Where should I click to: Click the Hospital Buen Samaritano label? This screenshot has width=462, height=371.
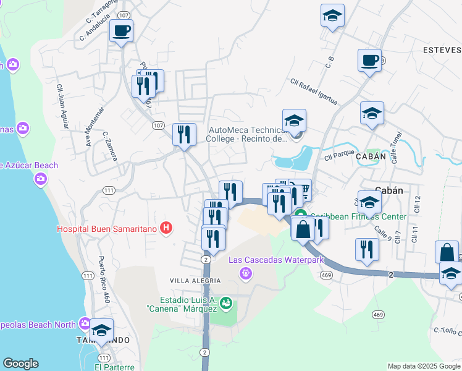click(x=107, y=228)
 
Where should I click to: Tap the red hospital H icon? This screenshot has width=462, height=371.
click(x=166, y=228)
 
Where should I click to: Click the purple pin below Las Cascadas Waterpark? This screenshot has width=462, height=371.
click(x=246, y=272)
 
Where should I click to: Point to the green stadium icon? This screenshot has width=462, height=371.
click(x=227, y=302)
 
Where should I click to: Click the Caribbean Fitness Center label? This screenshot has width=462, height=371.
click(x=358, y=216)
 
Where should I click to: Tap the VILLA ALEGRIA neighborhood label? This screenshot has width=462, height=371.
click(x=195, y=281)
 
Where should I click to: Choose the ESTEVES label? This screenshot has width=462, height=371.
click(x=442, y=49)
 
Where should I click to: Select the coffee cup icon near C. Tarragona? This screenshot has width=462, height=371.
click(x=121, y=30)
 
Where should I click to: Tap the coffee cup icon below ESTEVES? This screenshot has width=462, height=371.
click(x=369, y=61)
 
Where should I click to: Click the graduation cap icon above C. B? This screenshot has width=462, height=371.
click(x=332, y=15)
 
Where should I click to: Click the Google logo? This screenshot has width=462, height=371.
click(x=20, y=364)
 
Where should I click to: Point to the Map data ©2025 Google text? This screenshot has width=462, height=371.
click(x=424, y=366)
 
